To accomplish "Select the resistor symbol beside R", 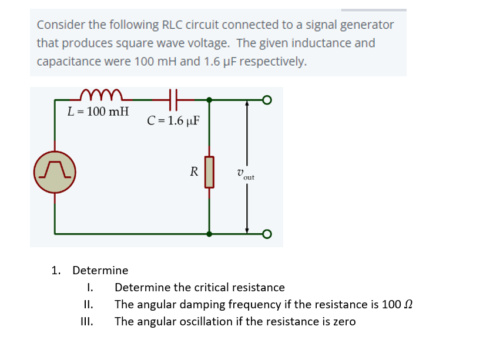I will point(209,171).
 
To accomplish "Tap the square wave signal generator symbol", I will point(55,171).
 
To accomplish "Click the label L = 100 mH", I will point(98,111).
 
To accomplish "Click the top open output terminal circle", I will point(267,100).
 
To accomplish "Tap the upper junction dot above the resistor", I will point(209,100).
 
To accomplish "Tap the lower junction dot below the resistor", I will point(209,234).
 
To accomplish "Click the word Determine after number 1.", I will point(100,271).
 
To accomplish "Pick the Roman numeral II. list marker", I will point(88,305).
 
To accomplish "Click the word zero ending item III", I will point(343,322).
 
